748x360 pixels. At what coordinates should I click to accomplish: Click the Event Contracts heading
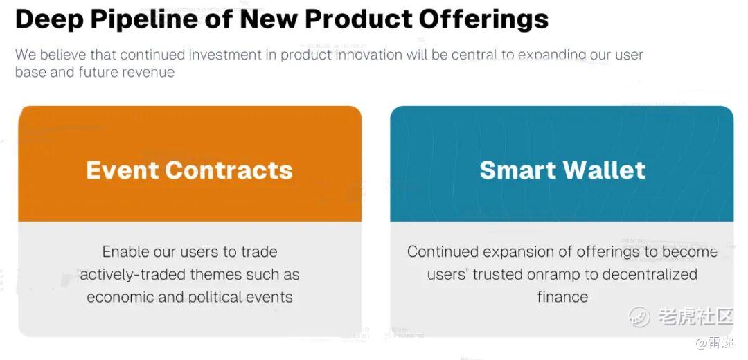(x=189, y=170)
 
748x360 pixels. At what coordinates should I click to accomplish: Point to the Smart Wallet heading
(x=562, y=170)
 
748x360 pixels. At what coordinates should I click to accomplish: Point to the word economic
(x=119, y=297)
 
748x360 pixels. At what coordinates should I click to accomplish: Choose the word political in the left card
(x=215, y=298)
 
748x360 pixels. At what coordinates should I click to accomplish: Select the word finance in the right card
(x=562, y=297)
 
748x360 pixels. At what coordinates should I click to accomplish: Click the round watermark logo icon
(x=639, y=316)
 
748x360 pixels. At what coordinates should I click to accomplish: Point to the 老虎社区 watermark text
(x=695, y=316)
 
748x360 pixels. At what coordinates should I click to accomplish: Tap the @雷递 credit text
(x=715, y=343)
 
